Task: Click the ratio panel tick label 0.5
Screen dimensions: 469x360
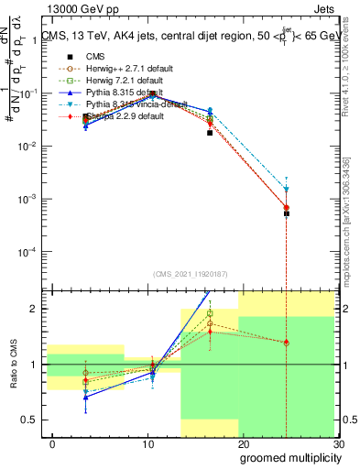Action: [31, 420]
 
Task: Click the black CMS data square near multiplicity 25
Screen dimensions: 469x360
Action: [287, 213]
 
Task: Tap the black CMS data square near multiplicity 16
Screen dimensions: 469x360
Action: [210, 133]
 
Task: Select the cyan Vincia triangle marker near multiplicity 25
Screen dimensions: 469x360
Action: [287, 190]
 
